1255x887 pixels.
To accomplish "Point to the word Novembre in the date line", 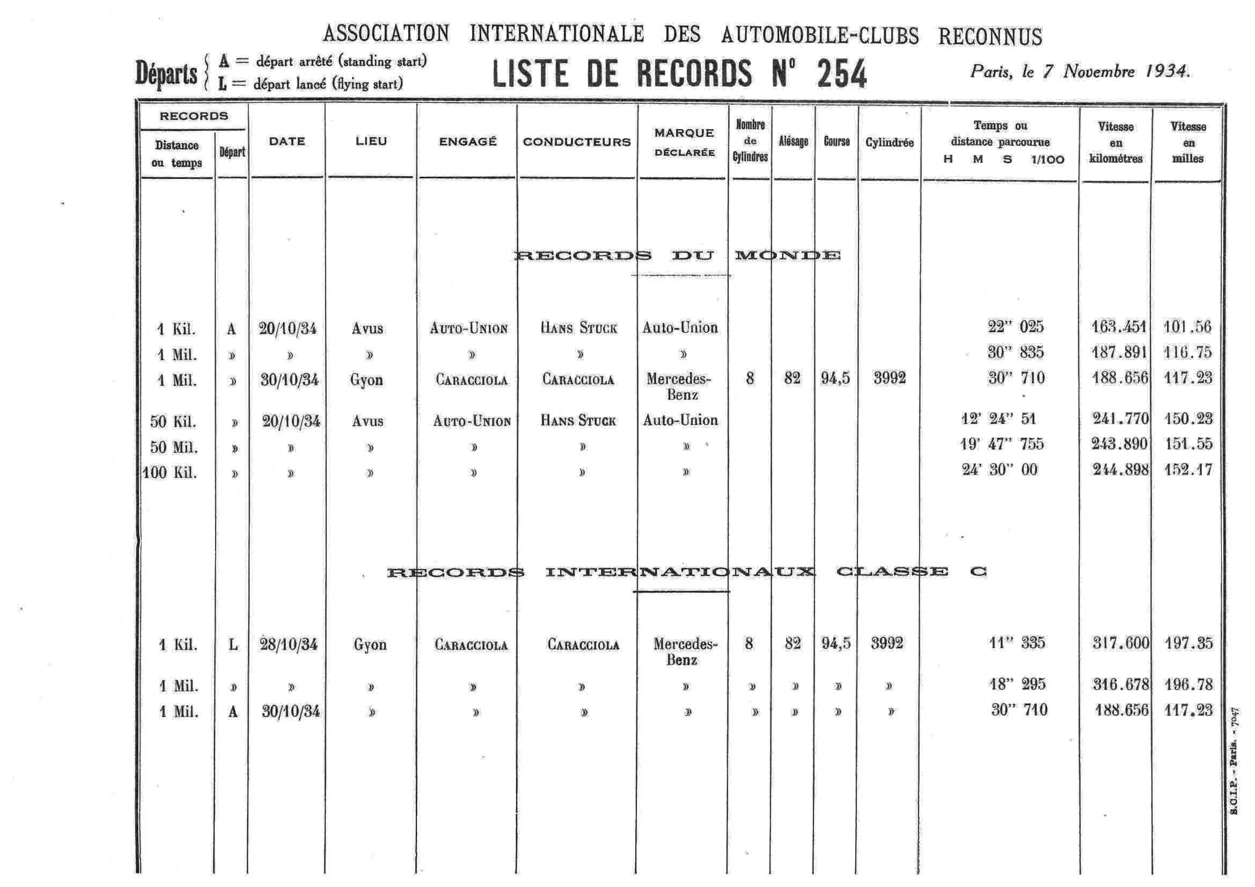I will [1099, 72].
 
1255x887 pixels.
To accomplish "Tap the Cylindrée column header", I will [889, 143].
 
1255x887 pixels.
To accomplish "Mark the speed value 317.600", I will [1121, 643].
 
